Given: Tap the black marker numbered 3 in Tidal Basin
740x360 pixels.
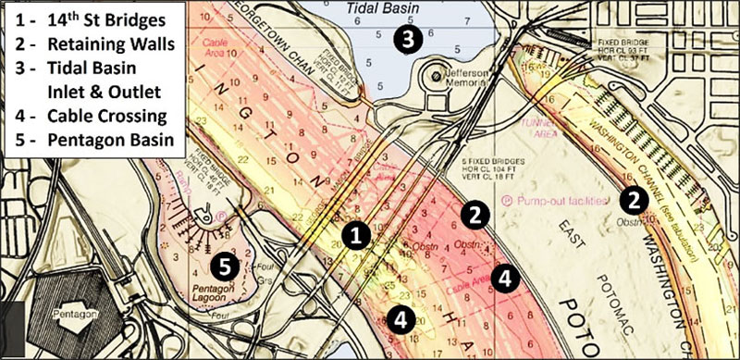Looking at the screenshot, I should tap(408, 38).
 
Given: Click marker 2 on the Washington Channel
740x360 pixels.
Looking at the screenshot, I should tap(633, 197).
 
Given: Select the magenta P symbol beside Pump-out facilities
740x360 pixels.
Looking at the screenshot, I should tap(507, 200).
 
